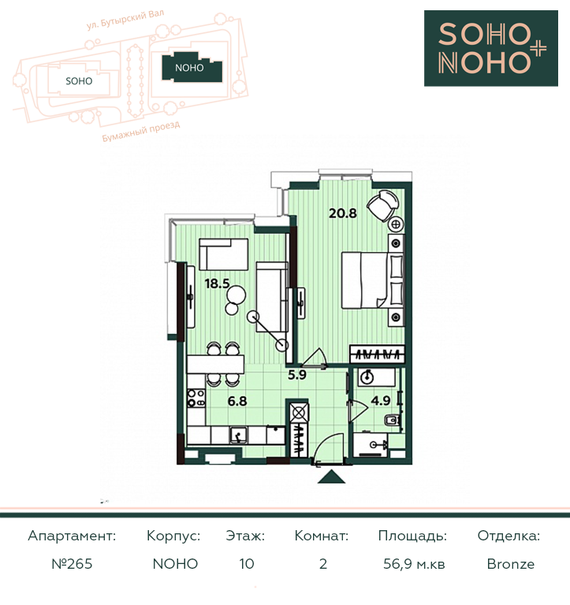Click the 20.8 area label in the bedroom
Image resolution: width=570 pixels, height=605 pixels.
(x=342, y=213)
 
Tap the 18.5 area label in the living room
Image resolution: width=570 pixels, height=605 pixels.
(x=217, y=284)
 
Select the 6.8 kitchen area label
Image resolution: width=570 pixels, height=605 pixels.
(x=237, y=401)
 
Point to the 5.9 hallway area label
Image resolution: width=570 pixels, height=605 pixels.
(x=297, y=375)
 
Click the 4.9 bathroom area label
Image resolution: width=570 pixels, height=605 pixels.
(x=381, y=400)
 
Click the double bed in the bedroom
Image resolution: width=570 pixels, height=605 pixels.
(x=364, y=280)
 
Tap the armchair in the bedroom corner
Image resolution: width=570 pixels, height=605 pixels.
(x=382, y=206)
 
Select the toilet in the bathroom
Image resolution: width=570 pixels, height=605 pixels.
(x=393, y=420)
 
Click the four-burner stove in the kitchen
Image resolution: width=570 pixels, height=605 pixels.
(x=196, y=397)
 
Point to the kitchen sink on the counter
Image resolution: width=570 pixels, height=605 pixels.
(x=239, y=435)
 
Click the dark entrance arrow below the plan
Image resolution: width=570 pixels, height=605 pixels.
(x=331, y=477)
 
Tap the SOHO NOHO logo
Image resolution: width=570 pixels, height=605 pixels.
(x=491, y=48)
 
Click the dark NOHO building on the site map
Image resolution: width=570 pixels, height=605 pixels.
(x=192, y=68)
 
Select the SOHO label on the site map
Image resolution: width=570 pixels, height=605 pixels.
(x=79, y=81)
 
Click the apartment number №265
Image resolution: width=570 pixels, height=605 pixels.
(x=72, y=564)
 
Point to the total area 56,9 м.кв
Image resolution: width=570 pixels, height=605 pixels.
(x=414, y=564)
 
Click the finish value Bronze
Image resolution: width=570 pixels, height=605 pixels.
(x=511, y=564)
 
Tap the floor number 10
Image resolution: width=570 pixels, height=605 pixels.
(x=247, y=564)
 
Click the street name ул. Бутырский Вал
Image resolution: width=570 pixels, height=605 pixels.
(x=125, y=19)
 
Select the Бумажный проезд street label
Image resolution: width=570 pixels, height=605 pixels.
(x=141, y=132)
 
